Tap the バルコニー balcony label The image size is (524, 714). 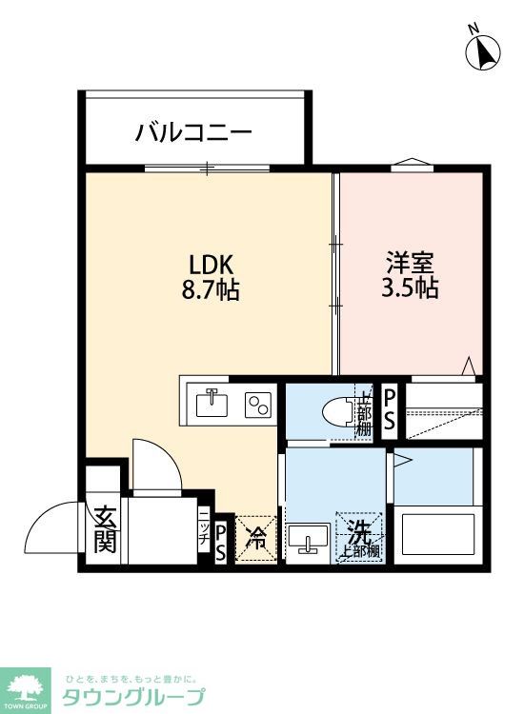(193, 130)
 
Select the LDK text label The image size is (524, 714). (210, 264)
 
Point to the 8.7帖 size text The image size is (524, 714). (210, 289)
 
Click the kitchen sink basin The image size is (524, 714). (212, 404)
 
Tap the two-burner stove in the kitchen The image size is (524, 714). (257, 405)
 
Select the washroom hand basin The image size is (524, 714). (308, 539)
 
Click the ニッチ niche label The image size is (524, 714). (204, 525)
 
